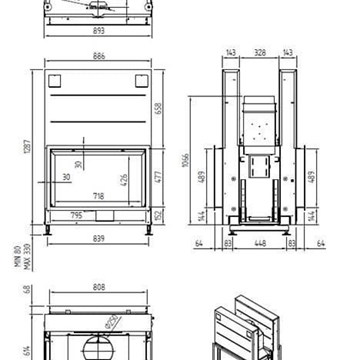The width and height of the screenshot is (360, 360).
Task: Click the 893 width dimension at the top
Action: click(98, 31)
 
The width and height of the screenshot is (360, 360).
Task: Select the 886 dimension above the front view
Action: click(98, 56)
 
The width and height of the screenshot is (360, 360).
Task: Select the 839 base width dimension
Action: click(98, 240)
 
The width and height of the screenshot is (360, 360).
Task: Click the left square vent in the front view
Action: click(56, 81)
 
